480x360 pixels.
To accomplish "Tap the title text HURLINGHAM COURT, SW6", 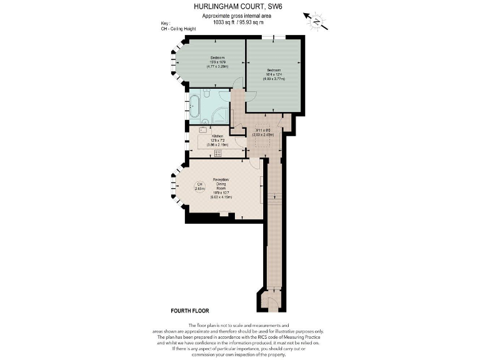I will (x=240, y=7).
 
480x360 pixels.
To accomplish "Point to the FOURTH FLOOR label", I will (x=189, y=311).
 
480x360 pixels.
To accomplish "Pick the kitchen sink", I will (x=202, y=130).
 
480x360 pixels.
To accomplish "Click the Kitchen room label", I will (x=217, y=136).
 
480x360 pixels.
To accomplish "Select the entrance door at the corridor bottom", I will (x=269, y=302).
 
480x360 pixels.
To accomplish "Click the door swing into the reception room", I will (x=255, y=163).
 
